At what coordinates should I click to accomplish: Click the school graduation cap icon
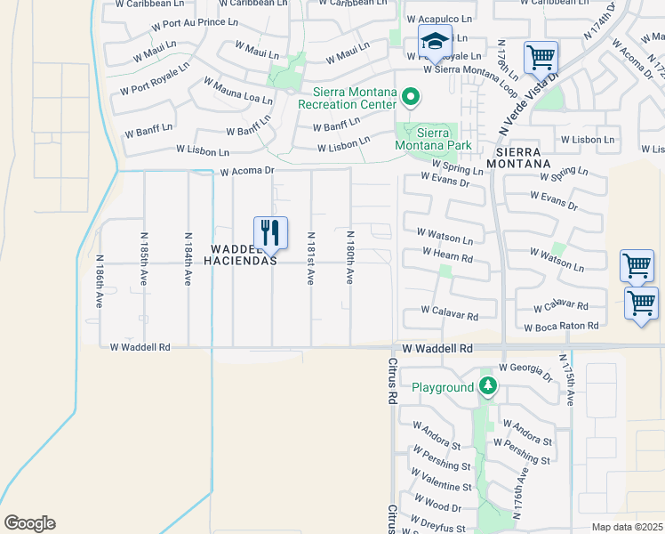tap(435, 42)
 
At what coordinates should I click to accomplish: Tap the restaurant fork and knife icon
tap(270, 233)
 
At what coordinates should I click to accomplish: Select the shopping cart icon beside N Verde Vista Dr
tap(541, 59)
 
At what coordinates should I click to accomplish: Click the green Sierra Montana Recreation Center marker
tap(410, 95)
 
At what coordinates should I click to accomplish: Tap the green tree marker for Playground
tap(486, 386)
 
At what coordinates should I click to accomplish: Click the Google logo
tap(29, 523)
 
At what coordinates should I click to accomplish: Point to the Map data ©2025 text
tap(627, 527)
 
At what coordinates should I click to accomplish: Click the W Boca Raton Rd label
tap(561, 327)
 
